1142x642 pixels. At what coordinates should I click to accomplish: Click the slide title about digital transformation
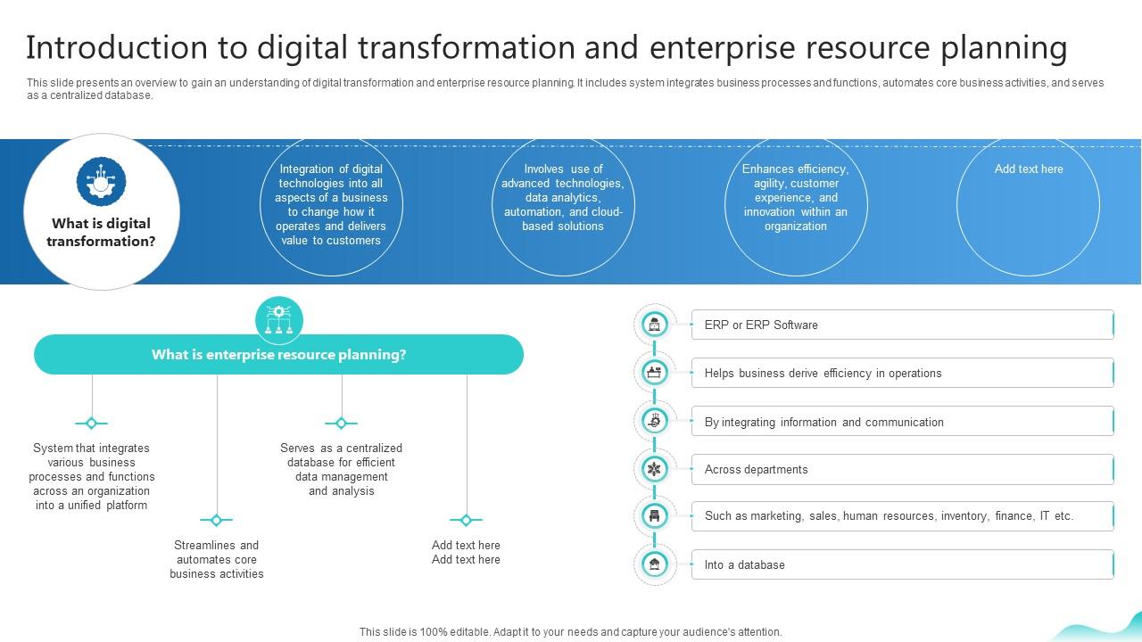tap(546, 47)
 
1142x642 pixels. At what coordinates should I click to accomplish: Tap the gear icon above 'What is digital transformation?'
tap(101, 181)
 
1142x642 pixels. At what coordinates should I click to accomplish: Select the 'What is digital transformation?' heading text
tap(101, 232)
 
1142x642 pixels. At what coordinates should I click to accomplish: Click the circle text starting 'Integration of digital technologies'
tap(331, 204)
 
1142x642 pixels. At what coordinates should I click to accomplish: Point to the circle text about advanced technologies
tap(563, 197)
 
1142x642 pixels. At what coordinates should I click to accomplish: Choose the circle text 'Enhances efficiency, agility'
tap(795, 197)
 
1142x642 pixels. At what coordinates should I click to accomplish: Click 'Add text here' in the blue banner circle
tap(1028, 169)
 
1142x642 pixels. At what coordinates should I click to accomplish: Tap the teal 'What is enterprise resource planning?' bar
tap(278, 354)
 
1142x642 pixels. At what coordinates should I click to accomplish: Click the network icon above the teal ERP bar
tap(279, 320)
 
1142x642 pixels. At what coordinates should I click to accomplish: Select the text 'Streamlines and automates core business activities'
tap(217, 559)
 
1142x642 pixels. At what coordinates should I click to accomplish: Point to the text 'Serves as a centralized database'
tap(341, 469)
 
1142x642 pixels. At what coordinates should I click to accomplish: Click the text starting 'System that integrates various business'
tap(92, 476)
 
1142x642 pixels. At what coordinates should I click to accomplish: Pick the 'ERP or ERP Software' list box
tap(901, 325)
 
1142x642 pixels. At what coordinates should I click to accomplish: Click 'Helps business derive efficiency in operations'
tap(901, 373)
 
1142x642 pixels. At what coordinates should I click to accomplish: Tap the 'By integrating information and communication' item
tap(901, 422)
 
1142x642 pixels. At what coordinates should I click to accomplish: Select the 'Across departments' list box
tap(901, 469)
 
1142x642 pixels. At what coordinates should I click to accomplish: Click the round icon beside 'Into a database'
tap(655, 564)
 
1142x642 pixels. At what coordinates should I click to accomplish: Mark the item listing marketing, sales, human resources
tap(901, 515)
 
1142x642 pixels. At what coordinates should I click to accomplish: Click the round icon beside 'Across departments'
tap(655, 469)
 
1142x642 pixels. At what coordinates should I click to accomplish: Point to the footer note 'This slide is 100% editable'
tap(570, 631)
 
